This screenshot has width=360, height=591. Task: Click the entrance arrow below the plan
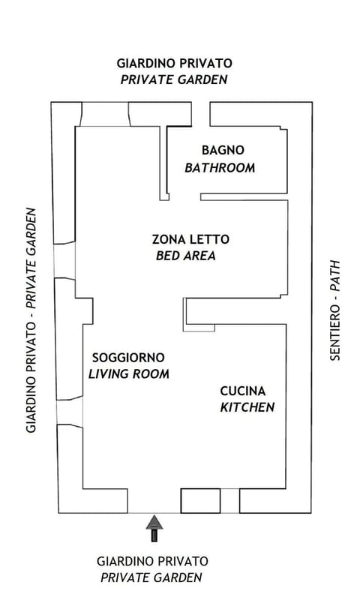(x=154, y=528)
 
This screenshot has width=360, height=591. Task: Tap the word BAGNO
(x=223, y=150)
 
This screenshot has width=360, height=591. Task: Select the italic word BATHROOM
(x=220, y=167)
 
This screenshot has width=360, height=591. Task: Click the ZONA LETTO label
(x=190, y=240)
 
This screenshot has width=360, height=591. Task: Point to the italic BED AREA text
(x=185, y=256)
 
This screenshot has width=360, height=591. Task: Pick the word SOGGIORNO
(x=127, y=358)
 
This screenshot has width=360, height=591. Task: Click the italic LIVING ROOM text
(x=129, y=373)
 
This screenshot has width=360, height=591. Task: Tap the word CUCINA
(x=242, y=391)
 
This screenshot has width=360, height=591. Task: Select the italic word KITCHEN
(x=247, y=407)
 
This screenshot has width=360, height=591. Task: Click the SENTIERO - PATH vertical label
(x=335, y=310)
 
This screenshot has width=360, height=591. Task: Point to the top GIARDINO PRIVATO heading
(x=174, y=63)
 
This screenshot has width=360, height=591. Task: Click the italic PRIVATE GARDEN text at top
(x=174, y=79)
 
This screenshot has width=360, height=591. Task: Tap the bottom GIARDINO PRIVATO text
(x=153, y=561)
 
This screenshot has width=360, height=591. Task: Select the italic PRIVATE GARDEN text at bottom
(x=151, y=577)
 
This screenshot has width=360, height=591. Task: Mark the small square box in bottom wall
(x=200, y=500)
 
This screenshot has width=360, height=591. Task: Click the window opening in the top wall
(x=105, y=115)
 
